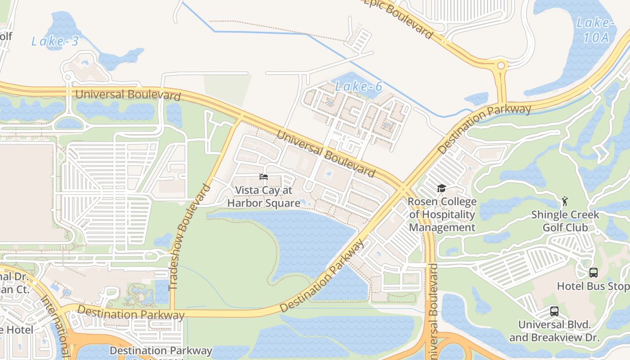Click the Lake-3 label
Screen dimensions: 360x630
click(x=55, y=41)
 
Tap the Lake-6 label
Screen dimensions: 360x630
click(x=359, y=86)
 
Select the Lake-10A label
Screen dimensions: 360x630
click(x=596, y=30)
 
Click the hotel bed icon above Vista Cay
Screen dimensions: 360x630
click(x=264, y=177)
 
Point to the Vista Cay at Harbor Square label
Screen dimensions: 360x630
click(x=264, y=197)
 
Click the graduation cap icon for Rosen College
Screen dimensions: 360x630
click(x=441, y=188)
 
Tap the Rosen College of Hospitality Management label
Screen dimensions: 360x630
click(x=442, y=214)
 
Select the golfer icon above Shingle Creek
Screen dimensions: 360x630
click(x=565, y=201)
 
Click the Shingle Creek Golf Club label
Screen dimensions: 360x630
click(x=565, y=220)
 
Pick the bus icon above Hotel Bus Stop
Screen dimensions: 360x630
click(x=594, y=272)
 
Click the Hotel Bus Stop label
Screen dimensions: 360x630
click(x=593, y=286)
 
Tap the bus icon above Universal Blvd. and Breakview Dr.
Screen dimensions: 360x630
click(x=554, y=311)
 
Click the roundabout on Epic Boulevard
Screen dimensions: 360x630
click(x=500, y=66)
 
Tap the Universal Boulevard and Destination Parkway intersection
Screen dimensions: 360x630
click(x=402, y=189)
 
